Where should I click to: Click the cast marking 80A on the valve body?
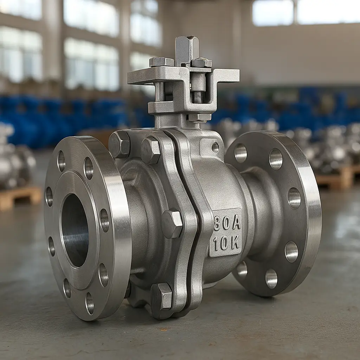pyautogui.click(x=227, y=223)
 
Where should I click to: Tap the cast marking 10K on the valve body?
pyautogui.click(x=226, y=243)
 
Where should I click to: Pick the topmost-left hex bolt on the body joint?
pyautogui.click(x=119, y=144)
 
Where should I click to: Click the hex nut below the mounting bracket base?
pyautogui.click(x=199, y=117)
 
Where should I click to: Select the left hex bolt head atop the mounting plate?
pyautogui.click(x=162, y=62)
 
